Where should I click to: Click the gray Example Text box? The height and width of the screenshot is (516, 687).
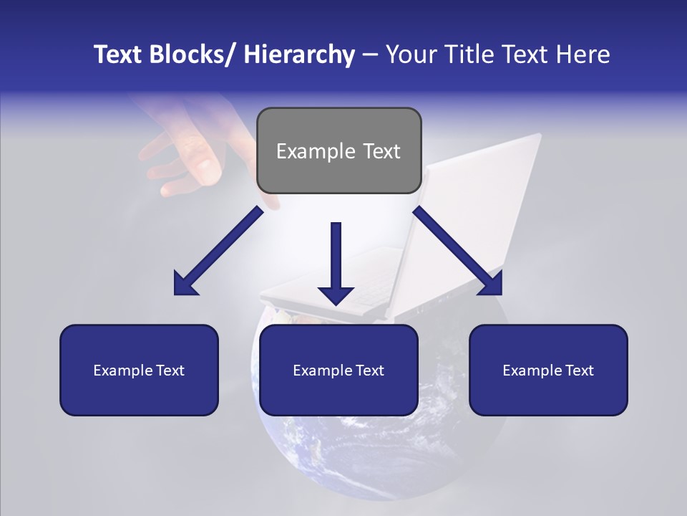coord(338,150)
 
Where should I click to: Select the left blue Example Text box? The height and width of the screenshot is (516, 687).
coord(139,370)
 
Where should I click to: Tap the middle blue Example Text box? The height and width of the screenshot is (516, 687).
coord(338,370)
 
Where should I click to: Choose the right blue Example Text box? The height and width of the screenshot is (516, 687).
coord(548,370)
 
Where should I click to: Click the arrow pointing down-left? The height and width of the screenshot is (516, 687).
coord(218,251)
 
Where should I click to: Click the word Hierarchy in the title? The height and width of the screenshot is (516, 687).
coord(298,54)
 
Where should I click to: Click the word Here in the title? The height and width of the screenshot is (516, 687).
coord(581,54)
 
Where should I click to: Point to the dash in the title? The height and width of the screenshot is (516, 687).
coord(370,54)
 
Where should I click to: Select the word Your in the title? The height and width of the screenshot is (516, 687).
coord(410,54)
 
